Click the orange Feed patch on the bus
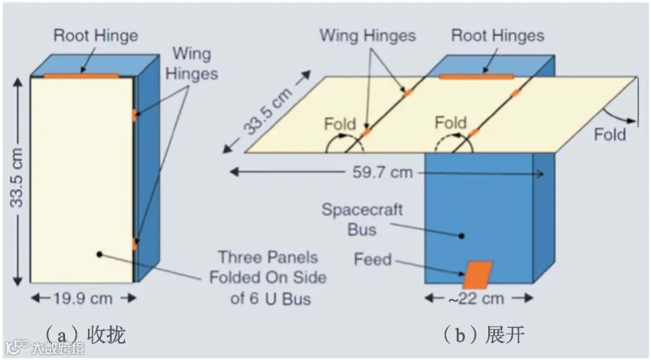pos(477,274)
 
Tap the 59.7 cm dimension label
pos(385,173)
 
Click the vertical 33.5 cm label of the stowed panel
pos(18,177)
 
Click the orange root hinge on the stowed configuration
pos(81,76)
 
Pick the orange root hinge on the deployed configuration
pos(476,77)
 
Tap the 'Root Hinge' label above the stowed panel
pos(96,35)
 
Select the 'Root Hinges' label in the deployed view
pos(498,36)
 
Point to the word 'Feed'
pos(373,260)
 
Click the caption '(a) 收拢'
pos(86,334)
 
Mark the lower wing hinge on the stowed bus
pos(134,244)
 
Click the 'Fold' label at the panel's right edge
pos(610,134)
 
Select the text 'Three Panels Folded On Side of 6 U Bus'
pos(268,277)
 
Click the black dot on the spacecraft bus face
pos(462,236)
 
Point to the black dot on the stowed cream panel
pos(98,254)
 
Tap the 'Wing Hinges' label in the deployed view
pos(368,35)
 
